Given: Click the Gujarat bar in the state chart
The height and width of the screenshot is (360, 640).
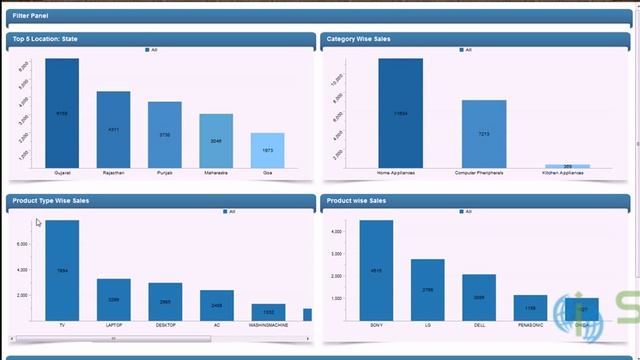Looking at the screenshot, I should tap(62, 113).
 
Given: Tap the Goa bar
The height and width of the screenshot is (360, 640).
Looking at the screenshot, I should tap(267, 150).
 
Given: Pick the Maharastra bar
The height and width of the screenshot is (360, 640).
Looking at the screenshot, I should tap(216, 141).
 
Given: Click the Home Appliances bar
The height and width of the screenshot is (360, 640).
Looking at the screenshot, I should tap(400, 113).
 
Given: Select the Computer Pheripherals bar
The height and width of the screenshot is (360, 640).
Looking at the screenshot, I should tap(484, 134).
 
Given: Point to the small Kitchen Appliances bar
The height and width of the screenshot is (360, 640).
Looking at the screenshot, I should tap(567, 166).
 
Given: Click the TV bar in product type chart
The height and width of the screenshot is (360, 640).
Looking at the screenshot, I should tap(62, 270).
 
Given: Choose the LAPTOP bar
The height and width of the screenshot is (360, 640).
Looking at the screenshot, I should tap(113, 299).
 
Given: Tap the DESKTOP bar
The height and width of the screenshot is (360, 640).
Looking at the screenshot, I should tap(165, 301).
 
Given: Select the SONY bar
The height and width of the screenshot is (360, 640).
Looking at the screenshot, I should tap(376, 270).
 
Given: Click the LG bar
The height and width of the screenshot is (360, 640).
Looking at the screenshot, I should tap(427, 289).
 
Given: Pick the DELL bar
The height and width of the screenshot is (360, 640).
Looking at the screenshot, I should tap(479, 297).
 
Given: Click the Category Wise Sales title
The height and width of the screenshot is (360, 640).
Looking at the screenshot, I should tap(358, 39).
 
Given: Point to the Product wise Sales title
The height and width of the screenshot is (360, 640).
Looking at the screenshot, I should tap(356, 201).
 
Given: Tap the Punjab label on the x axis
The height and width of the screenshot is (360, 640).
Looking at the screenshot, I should tap(164, 173).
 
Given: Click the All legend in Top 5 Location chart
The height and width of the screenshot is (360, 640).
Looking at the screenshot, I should tap(151, 50).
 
